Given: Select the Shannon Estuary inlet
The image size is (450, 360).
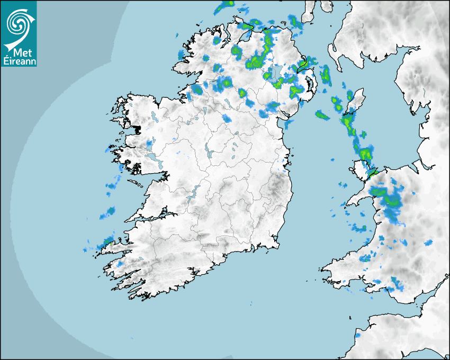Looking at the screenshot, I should pos(154,218).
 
